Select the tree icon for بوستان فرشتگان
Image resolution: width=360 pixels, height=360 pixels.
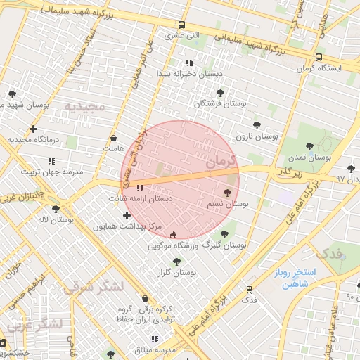coord(220,92)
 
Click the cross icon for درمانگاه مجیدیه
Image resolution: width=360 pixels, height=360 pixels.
coord(33,129)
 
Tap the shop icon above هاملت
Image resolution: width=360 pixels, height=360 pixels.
coord(113,138)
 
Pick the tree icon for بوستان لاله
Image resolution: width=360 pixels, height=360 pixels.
coord(56,209)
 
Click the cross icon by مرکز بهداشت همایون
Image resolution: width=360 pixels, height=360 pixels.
coord(127,214)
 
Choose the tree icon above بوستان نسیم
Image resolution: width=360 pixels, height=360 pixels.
coord(226,192)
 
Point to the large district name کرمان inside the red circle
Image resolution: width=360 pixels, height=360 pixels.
coord(219,160)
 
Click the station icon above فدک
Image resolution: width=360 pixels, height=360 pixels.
coord(249,289)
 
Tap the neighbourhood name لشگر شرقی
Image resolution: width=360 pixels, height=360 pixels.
coord(93,287)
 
